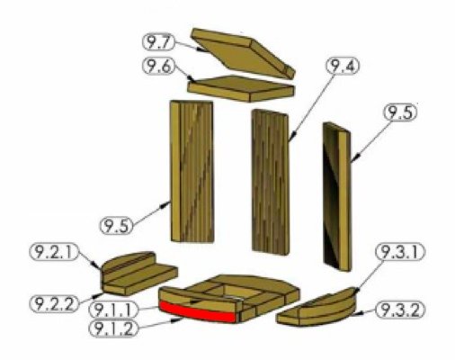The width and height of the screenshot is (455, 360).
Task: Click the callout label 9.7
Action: pyautogui.click(x=158, y=42)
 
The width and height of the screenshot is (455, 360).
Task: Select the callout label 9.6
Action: pyautogui.click(x=158, y=67)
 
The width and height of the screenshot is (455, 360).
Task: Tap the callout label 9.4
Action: pyautogui.click(x=343, y=66)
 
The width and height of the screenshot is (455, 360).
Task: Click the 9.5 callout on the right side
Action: pyautogui.click(x=401, y=112)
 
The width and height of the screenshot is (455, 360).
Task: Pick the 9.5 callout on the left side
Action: pyautogui.click(x=116, y=226)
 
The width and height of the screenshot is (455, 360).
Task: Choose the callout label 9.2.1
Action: pyautogui.click(x=54, y=252)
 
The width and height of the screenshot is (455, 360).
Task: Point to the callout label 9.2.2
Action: pyautogui.click(x=54, y=303)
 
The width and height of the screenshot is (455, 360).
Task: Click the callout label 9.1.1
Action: pyautogui.click(x=114, y=310)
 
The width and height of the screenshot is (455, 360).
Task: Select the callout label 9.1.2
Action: pyautogui.click(x=114, y=328)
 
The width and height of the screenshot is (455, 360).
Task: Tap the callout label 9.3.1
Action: pyautogui.click(x=400, y=252)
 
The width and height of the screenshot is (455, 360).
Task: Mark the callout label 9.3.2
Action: pyautogui.click(x=400, y=310)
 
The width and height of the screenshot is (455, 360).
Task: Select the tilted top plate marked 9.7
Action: pyautogui.click(x=244, y=53)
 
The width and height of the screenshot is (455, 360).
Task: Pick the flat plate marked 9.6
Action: pyautogui.click(x=241, y=88)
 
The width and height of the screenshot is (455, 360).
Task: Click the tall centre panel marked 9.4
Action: pyautogui.click(x=271, y=182)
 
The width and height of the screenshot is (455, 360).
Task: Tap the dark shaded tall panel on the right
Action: pyautogui.click(x=336, y=197)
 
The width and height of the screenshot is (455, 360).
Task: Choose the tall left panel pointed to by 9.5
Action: pyautogui.click(x=192, y=172)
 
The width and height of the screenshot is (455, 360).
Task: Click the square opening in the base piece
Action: pyautogui.click(x=236, y=292)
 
